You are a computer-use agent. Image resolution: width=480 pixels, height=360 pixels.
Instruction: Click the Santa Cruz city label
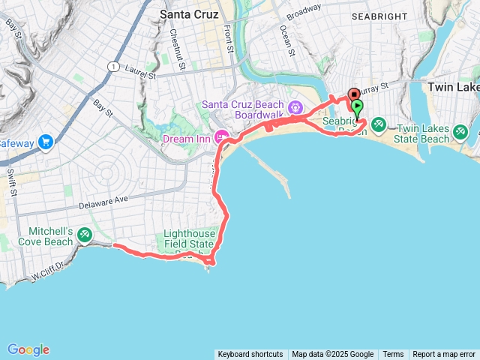pos(189,13)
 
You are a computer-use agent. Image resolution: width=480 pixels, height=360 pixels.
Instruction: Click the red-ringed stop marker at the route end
pos(353,94)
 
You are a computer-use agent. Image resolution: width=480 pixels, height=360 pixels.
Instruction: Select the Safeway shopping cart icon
pos(46,141)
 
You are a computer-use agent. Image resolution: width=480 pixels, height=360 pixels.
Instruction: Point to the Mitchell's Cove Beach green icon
pos(85,235)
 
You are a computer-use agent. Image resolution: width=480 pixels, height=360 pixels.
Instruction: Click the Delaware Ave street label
pos(104,201)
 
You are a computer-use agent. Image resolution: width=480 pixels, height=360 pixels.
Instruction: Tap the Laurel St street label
pos(141,75)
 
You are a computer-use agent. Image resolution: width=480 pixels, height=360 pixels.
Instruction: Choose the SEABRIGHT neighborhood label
pos(380,16)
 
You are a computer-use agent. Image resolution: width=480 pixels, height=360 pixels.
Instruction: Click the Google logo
pos(28,349)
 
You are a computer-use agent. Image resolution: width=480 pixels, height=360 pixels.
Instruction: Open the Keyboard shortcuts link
pos(250,355)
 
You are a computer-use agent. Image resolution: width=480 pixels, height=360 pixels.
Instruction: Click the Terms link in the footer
pos(393,355)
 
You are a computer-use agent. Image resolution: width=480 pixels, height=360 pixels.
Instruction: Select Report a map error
pos(444,355)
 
